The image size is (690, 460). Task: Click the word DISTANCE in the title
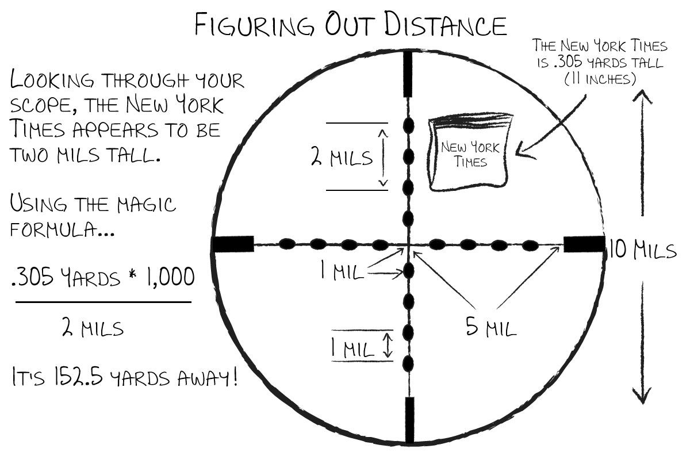click(446, 25)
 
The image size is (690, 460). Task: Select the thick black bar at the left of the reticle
click(233, 244)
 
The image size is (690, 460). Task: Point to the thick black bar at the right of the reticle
click(584, 244)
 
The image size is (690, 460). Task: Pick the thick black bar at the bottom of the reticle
click(409, 420)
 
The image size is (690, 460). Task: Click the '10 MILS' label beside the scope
click(643, 249)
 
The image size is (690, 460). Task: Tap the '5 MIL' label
click(491, 327)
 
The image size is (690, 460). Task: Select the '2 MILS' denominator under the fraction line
click(93, 327)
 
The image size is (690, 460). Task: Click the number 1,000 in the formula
click(171, 277)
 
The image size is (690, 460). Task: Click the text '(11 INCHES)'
click(600, 79)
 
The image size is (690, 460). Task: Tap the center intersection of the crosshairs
click(408, 245)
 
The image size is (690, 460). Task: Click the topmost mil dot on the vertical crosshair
click(408, 126)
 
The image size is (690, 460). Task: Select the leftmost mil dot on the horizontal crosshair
click(287, 244)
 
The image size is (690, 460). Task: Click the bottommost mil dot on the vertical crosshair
click(408, 364)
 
